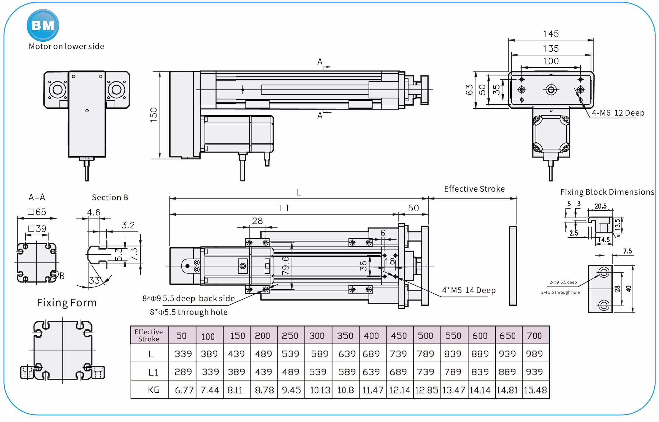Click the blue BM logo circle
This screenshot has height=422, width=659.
pyautogui.click(x=43, y=25)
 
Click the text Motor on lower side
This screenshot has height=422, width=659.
pyautogui.click(x=66, y=46)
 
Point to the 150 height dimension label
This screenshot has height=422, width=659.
pyautogui.click(x=154, y=115)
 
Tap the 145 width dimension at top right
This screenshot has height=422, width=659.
pyautogui.click(x=550, y=34)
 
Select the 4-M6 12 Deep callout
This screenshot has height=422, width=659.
pyautogui.click(x=618, y=113)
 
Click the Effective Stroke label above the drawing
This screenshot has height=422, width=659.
pyautogui.click(x=474, y=189)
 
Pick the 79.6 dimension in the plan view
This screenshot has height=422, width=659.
pyautogui.click(x=285, y=265)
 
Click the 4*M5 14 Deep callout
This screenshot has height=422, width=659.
pyautogui.click(x=469, y=290)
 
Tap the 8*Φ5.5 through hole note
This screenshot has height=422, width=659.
pyautogui.click(x=189, y=312)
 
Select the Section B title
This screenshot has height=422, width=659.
pyautogui.click(x=110, y=197)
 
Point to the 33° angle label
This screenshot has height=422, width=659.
pyautogui.click(x=95, y=280)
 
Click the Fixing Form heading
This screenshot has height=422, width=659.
pyautogui.click(x=67, y=303)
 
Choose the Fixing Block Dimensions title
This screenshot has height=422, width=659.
pyautogui.click(x=607, y=192)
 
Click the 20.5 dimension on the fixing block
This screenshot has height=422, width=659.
pyautogui.click(x=601, y=206)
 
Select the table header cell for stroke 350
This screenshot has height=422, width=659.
pyautogui.click(x=345, y=336)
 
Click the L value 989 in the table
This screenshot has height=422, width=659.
pyautogui.click(x=534, y=354)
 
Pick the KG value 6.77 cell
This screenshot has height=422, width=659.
pyautogui.click(x=184, y=390)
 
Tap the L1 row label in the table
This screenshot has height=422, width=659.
pyautogui.click(x=153, y=372)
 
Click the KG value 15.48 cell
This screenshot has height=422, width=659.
pyautogui.click(x=535, y=390)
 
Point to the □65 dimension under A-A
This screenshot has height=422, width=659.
pyautogui.click(x=37, y=212)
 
